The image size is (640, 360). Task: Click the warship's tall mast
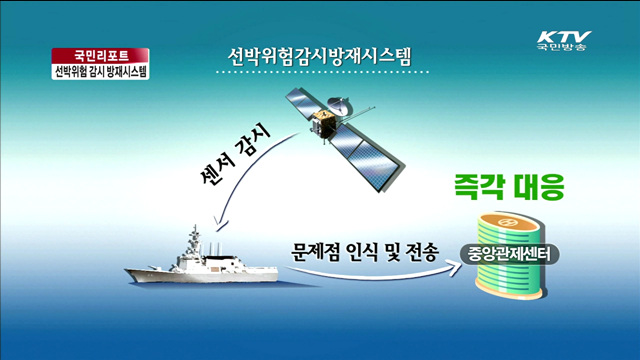192,240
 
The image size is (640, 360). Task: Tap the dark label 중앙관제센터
509,251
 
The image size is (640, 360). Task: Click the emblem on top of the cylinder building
508,222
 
